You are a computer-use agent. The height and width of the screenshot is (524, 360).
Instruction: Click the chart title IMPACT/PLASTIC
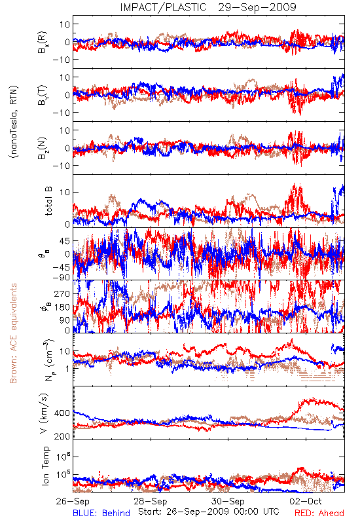click(x=163, y=7)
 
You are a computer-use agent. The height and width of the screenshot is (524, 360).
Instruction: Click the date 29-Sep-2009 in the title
click(x=257, y=7)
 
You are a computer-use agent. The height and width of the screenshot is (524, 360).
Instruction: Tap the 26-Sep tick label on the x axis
click(x=73, y=501)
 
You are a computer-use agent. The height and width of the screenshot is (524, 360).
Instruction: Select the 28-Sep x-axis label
click(x=151, y=501)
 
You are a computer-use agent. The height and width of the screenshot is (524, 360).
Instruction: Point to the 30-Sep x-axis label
click(x=228, y=501)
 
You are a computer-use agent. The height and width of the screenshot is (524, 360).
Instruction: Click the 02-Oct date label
click(x=306, y=501)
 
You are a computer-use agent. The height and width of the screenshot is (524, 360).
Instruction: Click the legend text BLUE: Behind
click(x=101, y=513)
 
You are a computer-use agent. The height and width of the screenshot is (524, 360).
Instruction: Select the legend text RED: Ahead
click(x=319, y=513)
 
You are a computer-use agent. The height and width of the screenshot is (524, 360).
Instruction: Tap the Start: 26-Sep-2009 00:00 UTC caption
click(x=209, y=512)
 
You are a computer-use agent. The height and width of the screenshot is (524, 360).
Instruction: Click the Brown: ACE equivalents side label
click(x=13, y=333)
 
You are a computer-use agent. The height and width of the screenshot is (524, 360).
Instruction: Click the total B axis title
click(x=48, y=201)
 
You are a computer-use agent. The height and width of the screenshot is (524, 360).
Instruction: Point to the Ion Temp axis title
click(x=45, y=466)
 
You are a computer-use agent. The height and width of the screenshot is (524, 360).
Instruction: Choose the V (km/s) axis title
click(x=45, y=413)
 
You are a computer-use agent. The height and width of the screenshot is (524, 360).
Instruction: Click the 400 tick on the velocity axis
click(x=62, y=413)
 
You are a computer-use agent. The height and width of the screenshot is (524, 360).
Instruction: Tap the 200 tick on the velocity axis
click(x=62, y=436)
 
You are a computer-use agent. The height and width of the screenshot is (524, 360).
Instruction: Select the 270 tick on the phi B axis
click(x=62, y=293)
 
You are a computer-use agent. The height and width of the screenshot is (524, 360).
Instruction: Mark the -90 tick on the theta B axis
click(x=61, y=277)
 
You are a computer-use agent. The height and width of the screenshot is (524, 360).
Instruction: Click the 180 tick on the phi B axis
click(x=62, y=307)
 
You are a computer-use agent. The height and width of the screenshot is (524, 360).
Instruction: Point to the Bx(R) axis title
click(x=43, y=43)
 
